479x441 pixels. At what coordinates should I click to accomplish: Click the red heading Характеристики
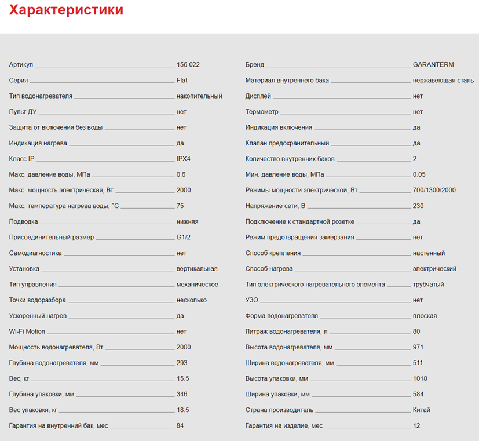click(66, 10)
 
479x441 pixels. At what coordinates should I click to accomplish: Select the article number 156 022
click(188, 65)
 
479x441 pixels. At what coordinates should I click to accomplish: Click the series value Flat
click(182, 81)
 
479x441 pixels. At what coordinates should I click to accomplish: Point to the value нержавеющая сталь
click(443, 81)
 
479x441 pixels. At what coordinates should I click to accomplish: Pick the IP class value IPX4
click(184, 159)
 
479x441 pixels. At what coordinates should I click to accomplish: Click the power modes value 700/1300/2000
click(434, 190)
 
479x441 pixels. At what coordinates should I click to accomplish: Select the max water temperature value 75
click(180, 206)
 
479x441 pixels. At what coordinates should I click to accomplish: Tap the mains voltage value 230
click(418, 206)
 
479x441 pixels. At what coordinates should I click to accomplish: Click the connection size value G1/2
click(184, 237)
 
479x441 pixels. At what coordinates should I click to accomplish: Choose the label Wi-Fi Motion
click(27, 331)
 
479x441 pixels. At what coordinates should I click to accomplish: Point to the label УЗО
click(252, 300)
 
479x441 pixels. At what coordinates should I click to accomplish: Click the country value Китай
click(422, 410)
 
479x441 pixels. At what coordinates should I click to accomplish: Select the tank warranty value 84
click(180, 425)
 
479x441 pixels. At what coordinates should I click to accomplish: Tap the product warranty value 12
click(416, 425)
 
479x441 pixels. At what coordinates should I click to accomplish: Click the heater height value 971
click(418, 347)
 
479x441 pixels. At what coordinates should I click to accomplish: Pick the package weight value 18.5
click(182, 410)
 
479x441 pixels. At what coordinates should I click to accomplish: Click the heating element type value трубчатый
click(429, 285)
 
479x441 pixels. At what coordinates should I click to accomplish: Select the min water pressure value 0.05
click(419, 174)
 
